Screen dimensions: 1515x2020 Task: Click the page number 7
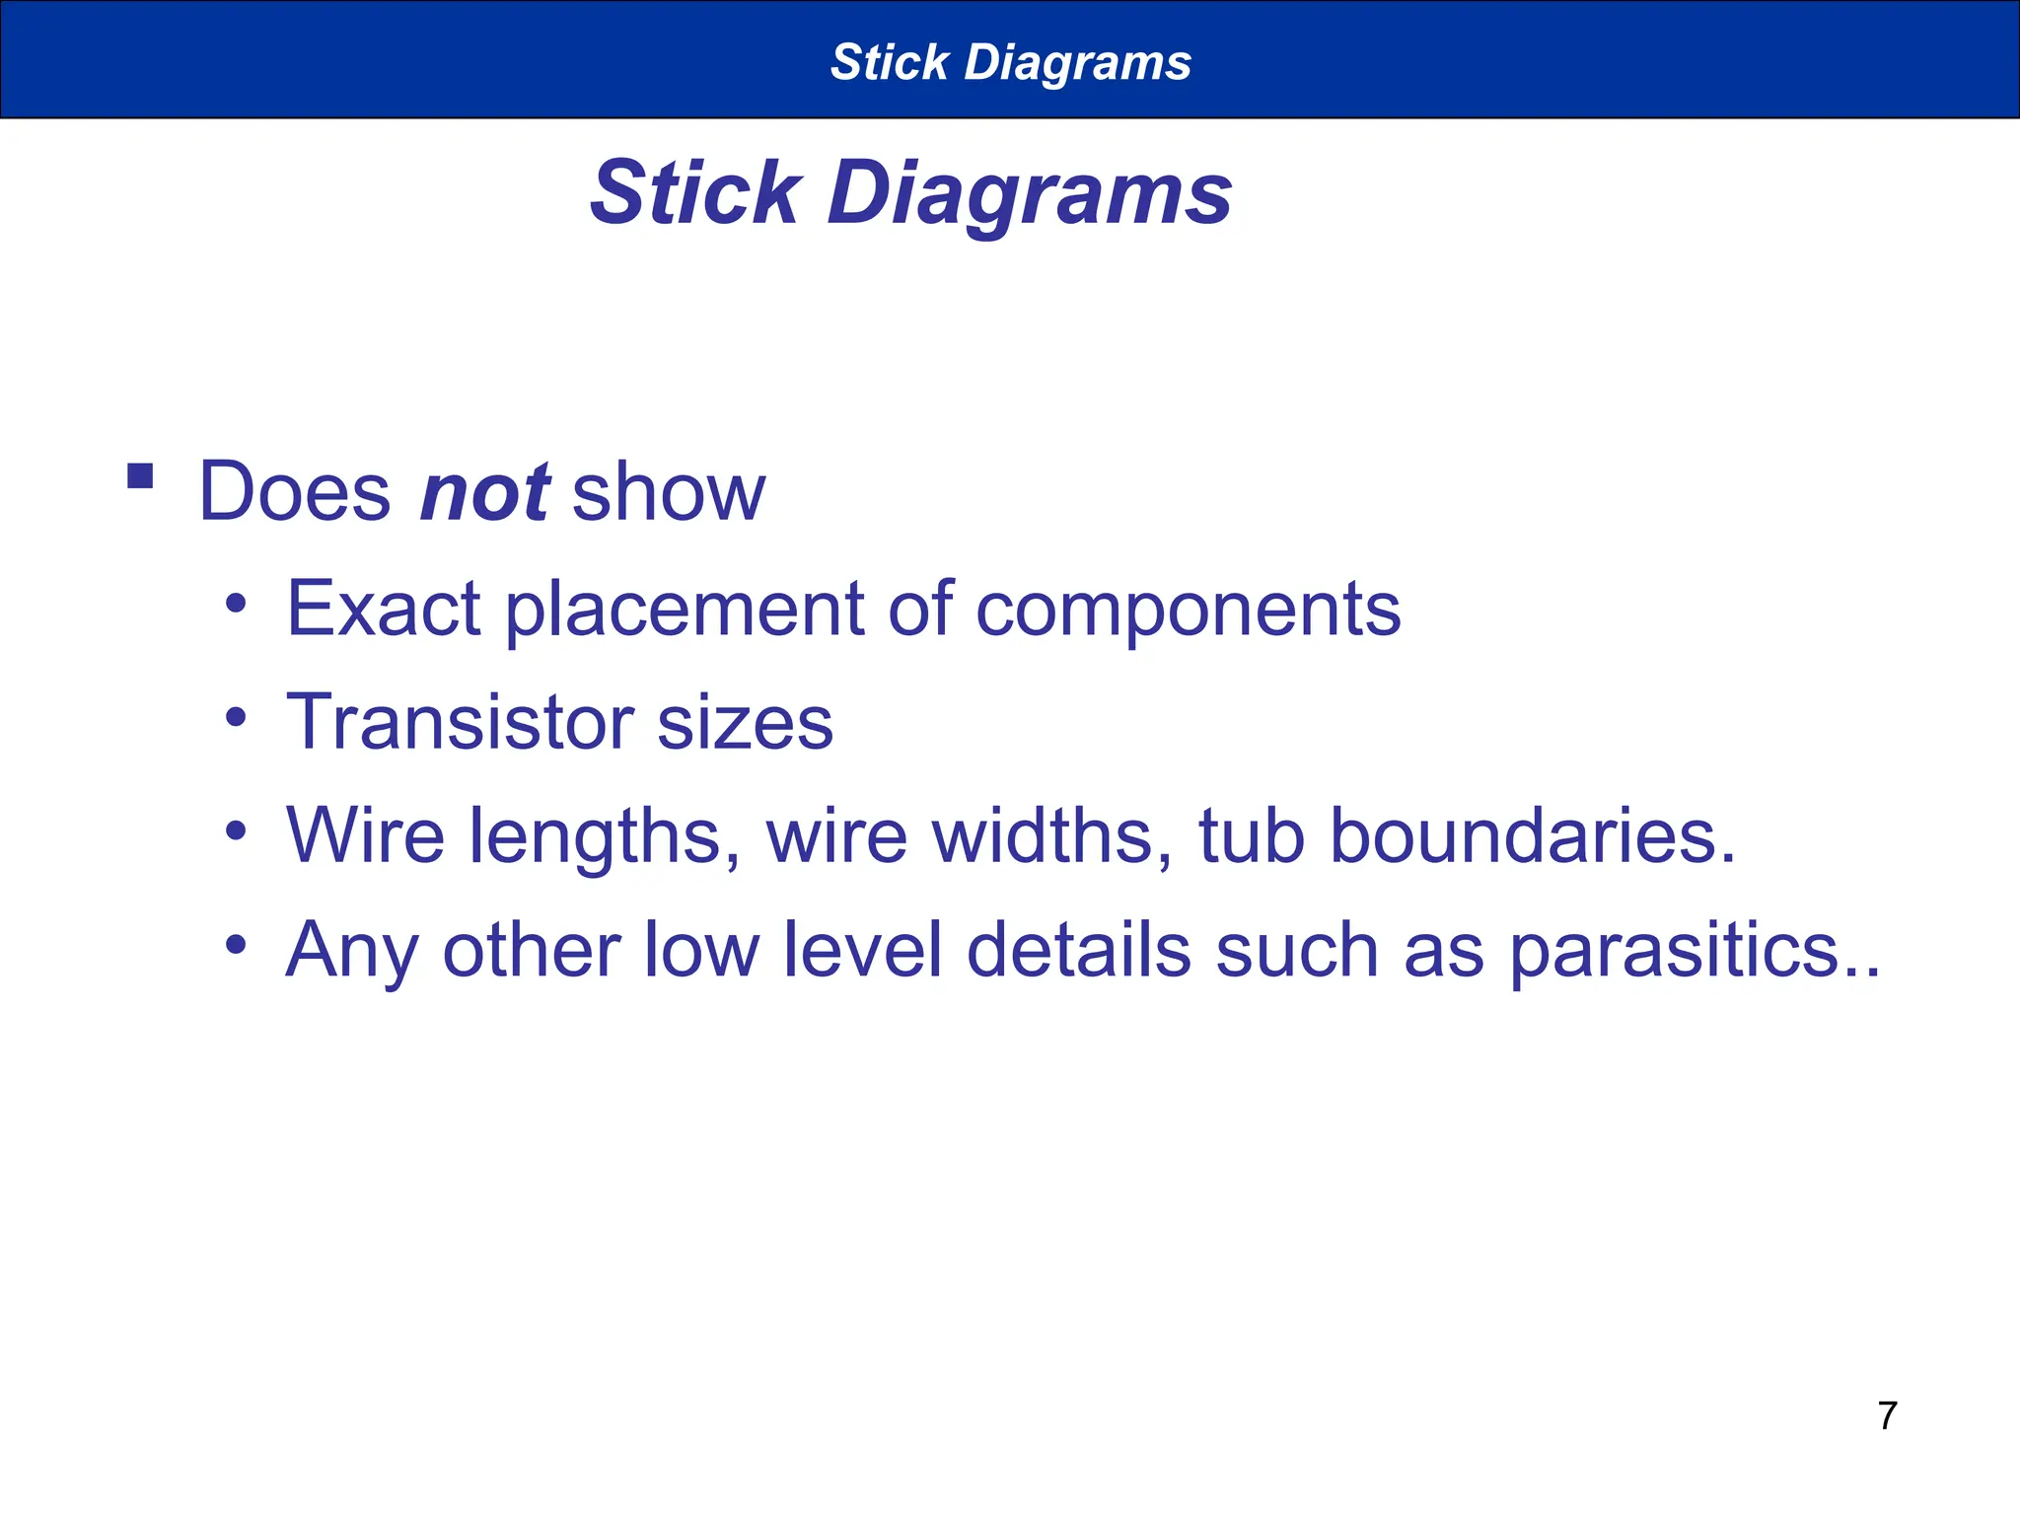[x=1887, y=1415]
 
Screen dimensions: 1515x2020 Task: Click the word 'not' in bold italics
[x=484, y=492]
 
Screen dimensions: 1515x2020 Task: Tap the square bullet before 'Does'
[x=141, y=477]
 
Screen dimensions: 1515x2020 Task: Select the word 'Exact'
[x=383, y=609]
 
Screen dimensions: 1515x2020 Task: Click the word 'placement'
[x=685, y=611]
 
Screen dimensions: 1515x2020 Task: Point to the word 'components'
[x=1188, y=611]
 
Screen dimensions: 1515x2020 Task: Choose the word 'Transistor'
[x=460, y=722]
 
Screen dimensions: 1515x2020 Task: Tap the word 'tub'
[x=1252, y=835]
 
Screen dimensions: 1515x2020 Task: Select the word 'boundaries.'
[x=1532, y=835]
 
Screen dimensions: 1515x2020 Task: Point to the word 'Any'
[x=352, y=951]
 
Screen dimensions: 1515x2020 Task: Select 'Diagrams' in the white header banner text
[x=1077, y=62]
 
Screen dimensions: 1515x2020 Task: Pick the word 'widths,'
[x=1052, y=835]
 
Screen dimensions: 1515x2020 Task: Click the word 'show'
[x=668, y=492]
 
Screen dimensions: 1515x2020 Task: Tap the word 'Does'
[x=295, y=492]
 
